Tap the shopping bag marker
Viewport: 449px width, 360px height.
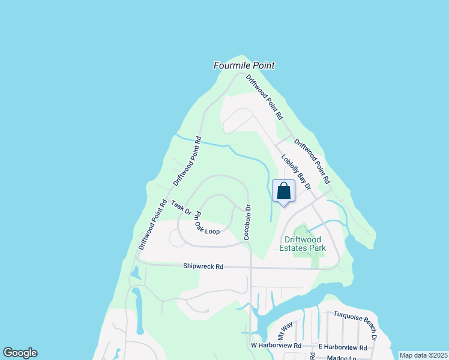click(x=284, y=191)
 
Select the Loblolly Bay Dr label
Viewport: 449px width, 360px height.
click(x=295, y=173)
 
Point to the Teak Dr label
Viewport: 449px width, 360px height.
click(x=181, y=208)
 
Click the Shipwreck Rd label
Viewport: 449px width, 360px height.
click(x=203, y=266)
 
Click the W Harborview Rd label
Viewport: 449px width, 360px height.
click(x=276, y=346)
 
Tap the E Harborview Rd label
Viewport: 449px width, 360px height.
click(x=343, y=347)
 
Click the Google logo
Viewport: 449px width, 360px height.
click(x=20, y=353)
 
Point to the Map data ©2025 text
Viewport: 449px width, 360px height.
click(x=423, y=355)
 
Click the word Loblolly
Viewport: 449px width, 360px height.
click(x=288, y=164)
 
